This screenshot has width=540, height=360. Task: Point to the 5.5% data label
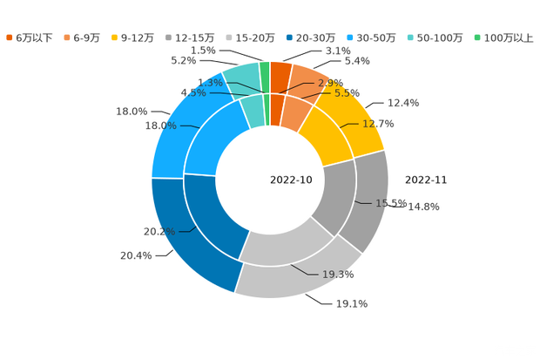point(348,92)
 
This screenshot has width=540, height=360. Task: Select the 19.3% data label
point(338,274)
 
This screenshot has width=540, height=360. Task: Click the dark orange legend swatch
point(10,37)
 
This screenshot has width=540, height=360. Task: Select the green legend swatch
point(476,37)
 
